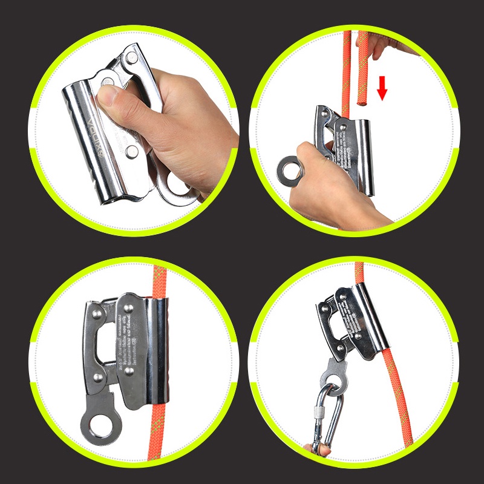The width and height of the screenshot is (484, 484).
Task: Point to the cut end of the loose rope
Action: tap(362, 102)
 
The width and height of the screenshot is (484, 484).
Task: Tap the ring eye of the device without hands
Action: tap(97, 424)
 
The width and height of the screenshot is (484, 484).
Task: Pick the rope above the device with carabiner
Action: tap(359, 275)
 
